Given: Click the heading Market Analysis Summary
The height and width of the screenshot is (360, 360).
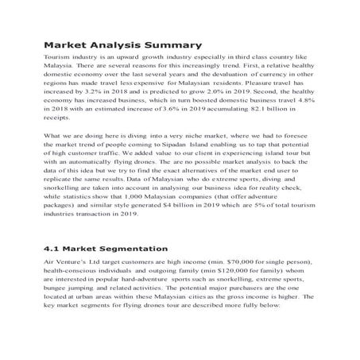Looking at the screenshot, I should tap(122, 45).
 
